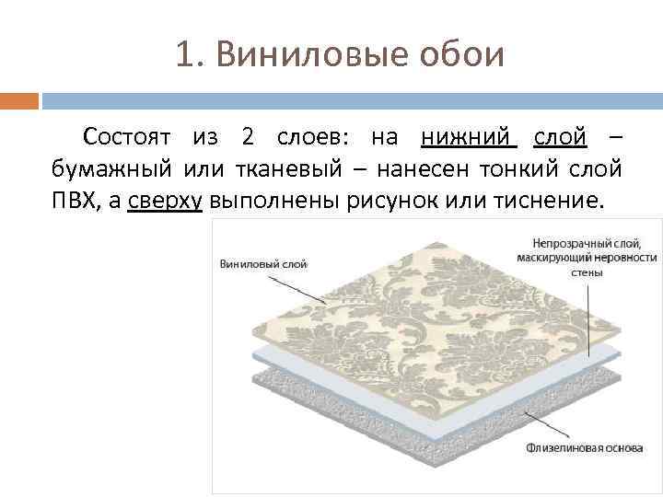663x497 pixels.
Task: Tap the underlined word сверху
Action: point(166,201)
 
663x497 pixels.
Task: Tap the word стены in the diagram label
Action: point(587,272)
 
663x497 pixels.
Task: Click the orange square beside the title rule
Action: point(18,99)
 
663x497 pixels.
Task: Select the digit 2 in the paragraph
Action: point(248,138)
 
